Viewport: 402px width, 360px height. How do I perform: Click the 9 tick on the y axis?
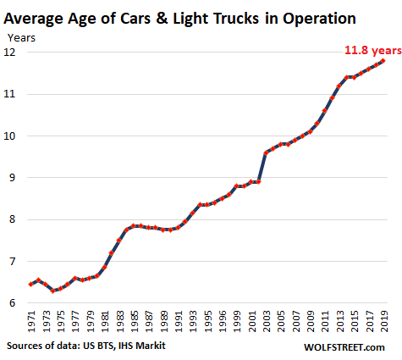click(14, 178)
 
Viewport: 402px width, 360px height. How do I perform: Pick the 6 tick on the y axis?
click(14, 303)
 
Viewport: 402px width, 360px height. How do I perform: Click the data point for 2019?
click(383, 60)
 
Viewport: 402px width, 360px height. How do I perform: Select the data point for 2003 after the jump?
click(267, 152)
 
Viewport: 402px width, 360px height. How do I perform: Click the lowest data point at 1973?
click(52, 291)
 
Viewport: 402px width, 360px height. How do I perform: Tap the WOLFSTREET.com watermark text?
click(349, 347)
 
